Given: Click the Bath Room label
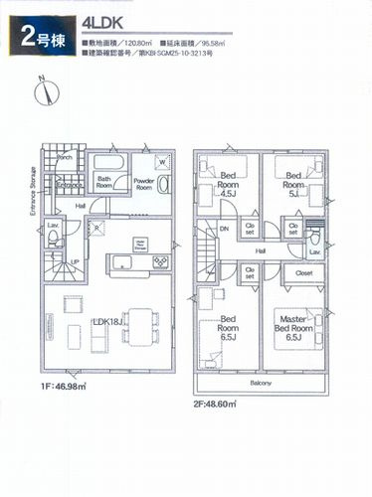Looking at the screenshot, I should tap(104, 182).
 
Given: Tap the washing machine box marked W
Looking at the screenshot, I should tap(161, 163).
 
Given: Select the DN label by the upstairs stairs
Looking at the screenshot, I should tap(224, 228).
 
